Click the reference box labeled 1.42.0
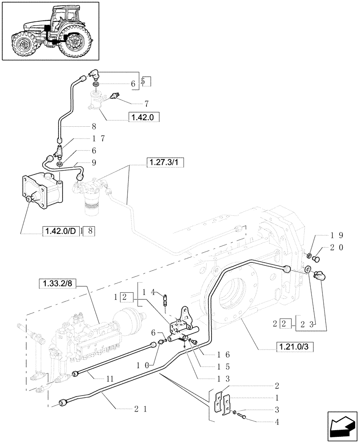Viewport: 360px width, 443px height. [143, 117]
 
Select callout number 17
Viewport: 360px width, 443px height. [99, 139]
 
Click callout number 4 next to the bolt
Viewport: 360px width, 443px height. [277, 422]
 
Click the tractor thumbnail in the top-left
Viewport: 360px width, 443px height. [50, 31]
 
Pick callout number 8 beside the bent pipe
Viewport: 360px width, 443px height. [94, 126]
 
